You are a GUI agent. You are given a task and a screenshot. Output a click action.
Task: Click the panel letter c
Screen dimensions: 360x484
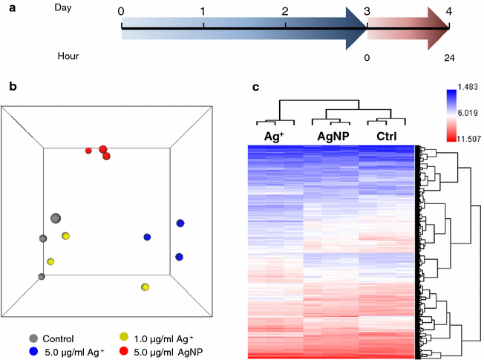pyautogui.click(x=256, y=87)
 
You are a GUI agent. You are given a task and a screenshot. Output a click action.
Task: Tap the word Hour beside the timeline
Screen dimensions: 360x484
pyautogui.click(x=68, y=56)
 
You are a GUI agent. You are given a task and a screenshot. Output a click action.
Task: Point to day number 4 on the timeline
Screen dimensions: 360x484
pyautogui.click(x=448, y=12)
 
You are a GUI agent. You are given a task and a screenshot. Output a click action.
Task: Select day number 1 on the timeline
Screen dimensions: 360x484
pyautogui.click(x=203, y=12)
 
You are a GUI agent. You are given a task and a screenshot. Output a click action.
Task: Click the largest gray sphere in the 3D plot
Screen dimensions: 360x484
pyautogui.click(x=55, y=218)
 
